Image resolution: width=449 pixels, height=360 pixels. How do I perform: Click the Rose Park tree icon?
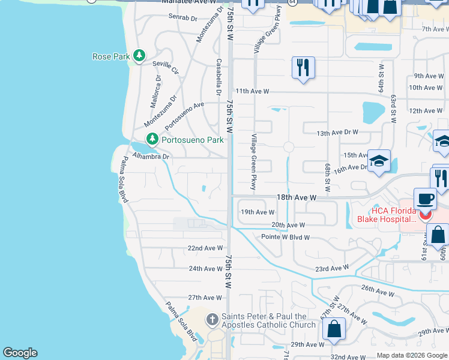pyautogui.click(x=139, y=56)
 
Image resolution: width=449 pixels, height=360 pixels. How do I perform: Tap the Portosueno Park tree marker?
pyautogui.click(x=152, y=139)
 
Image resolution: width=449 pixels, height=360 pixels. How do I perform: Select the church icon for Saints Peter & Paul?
pyautogui.click(x=212, y=320)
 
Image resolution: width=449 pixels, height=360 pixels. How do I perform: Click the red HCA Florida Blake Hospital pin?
pyautogui.click(x=426, y=214)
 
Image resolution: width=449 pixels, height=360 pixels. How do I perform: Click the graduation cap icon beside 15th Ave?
pyautogui.click(x=379, y=161)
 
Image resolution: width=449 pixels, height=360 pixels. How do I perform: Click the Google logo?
pyautogui.click(x=20, y=353)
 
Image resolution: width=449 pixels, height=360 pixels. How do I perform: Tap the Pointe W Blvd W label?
pyautogui.click(x=285, y=237)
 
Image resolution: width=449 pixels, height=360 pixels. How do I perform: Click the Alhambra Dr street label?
pyautogui.click(x=151, y=157)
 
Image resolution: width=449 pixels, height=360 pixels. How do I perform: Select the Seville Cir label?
pyautogui.click(x=166, y=67)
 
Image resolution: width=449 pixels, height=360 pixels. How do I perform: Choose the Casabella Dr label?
pyautogui.click(x=218, y=77)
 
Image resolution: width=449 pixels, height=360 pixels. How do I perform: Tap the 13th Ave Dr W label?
pyautogui.click(x=337, y=132)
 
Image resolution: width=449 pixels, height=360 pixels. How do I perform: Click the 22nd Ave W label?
pyautogui.click(x=205, y=248)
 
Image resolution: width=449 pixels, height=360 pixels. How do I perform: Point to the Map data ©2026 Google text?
pyautogui.click(x=411, y=355)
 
